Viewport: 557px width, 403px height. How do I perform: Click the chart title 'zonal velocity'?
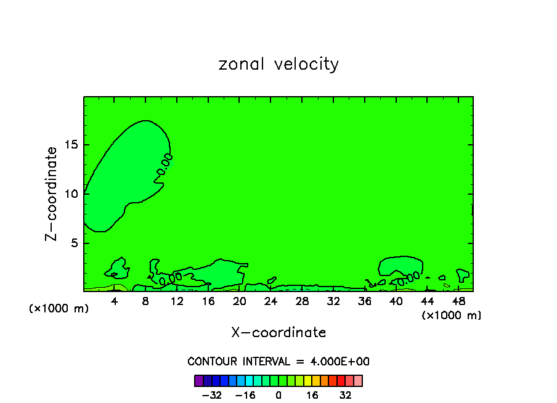278,65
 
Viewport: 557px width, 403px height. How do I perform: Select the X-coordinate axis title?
278,333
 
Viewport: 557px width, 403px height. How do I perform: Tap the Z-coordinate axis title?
52,193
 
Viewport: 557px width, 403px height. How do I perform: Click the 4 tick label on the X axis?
115,301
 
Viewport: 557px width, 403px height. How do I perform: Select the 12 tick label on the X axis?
177,301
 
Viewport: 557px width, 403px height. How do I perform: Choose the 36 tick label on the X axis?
365,301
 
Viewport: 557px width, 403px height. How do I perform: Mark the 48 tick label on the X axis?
458,301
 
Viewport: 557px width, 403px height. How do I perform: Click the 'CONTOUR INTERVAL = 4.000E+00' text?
278,362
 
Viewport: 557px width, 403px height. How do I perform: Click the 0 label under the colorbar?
278,395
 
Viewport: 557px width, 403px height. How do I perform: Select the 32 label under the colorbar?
345,395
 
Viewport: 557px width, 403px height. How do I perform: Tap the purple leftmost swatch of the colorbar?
199,380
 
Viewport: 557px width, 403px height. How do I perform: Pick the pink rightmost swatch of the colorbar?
358,380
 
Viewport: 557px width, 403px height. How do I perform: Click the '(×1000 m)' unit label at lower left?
59,309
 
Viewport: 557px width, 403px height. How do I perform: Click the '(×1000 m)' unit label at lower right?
452,315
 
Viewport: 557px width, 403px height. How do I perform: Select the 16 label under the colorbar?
312,395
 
